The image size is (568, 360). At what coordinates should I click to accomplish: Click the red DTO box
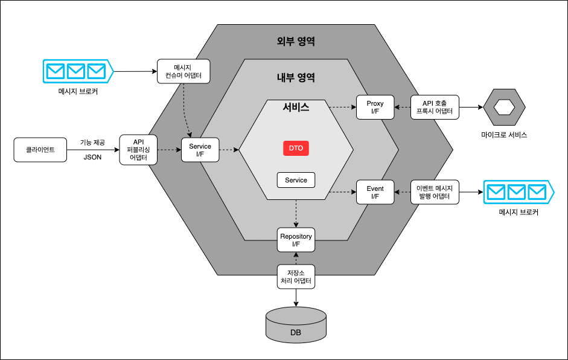(296, 148)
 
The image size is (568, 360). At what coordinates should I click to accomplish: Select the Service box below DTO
(296, 180)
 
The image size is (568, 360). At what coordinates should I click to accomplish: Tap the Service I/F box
(200, 150)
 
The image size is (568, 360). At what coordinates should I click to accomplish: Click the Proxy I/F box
(375, 108)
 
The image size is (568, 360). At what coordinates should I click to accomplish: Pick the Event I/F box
(375, 192)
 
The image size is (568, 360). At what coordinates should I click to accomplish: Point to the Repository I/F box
(296, 240)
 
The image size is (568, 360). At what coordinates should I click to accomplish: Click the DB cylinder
(296, 325)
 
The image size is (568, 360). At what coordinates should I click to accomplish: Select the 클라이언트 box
(40, 150)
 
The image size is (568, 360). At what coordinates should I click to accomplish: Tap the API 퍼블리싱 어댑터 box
(138, 150)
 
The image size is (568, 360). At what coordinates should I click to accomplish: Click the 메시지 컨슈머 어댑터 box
(183, 71)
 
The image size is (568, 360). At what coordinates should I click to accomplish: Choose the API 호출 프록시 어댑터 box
(435, 108)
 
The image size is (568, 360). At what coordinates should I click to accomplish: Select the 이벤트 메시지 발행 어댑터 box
(435, 192)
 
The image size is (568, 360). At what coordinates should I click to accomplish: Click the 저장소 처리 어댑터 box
(296, 277)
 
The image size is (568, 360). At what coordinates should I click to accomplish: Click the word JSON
(92, 157)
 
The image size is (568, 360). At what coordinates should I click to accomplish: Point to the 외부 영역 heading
(296, 41)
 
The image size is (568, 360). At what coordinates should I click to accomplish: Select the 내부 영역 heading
(296, 77)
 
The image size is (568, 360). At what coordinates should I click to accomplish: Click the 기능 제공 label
(92, 143)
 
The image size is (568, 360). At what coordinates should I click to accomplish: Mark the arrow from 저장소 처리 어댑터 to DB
(296, 298)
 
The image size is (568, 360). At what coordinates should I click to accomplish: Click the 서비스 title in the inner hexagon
(296, 107)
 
